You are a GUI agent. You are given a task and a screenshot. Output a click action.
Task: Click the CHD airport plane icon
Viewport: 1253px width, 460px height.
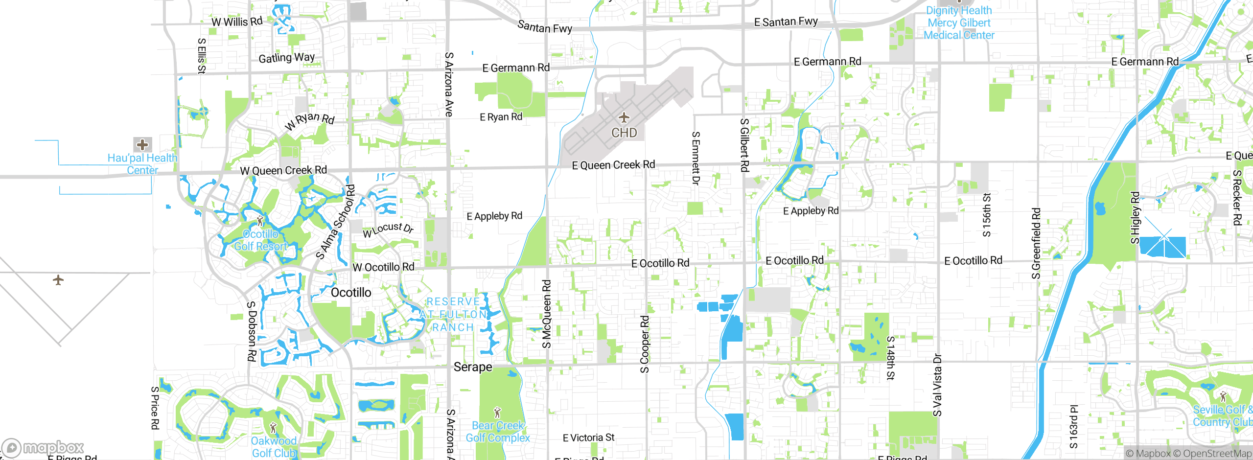tap(624, 118)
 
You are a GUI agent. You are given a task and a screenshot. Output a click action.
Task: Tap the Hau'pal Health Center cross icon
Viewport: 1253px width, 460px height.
tap(142, 145)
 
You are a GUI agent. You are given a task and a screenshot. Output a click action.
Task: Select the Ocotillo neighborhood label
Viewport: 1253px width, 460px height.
tap(351, 293)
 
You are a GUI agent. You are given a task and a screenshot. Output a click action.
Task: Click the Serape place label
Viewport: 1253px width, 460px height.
tap(472, 367)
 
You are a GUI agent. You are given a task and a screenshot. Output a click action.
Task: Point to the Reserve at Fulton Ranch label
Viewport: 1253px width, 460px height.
tap(453, 315)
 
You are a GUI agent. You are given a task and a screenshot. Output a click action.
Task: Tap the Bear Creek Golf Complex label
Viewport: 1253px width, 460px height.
tap(498, 432)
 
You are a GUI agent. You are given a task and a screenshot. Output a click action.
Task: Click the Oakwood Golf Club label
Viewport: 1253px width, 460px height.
tap(274, 447)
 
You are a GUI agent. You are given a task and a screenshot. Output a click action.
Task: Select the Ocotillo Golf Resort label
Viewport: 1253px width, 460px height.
tap(260, 240)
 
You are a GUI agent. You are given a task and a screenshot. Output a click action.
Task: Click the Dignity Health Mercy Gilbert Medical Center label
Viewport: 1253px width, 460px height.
tap(959, 23)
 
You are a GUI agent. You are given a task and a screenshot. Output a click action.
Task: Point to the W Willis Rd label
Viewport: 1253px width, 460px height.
tap(237, 22)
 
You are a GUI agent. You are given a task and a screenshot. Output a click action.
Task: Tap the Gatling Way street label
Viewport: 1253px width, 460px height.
tap(286, 58)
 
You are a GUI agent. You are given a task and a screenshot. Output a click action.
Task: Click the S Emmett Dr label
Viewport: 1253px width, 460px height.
tap(696, 158)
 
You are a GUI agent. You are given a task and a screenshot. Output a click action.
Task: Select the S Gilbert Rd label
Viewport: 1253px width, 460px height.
tap(744, 145)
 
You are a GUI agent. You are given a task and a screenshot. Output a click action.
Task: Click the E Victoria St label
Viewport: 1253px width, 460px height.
tap(588, 437)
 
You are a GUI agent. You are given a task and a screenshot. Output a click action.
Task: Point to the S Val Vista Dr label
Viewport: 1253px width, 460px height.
tap(937, 385)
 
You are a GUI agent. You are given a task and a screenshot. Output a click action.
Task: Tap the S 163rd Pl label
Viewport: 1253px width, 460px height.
tap(1073, 427)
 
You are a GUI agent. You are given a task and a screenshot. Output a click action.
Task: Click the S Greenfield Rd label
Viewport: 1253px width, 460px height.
tap(1036, 244)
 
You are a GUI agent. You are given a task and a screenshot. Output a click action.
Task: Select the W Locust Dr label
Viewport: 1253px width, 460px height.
tap(388, 229)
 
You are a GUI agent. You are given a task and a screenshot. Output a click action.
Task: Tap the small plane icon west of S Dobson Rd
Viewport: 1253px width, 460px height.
tap(58, 280)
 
